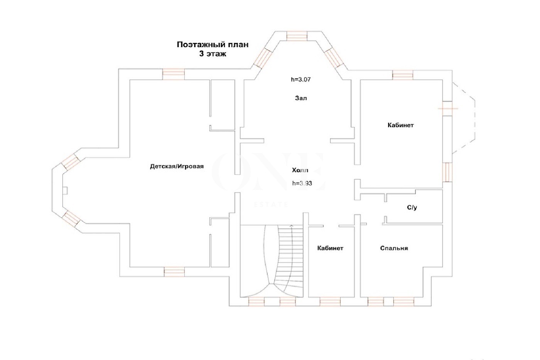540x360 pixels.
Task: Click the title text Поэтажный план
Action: point(213,45)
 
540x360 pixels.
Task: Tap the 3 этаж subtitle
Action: point(213,54)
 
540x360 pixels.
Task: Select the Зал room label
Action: point(301,98)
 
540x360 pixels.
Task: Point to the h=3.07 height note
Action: point(300,79)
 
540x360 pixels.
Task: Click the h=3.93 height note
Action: point(302,183)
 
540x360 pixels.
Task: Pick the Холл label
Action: point(300,170)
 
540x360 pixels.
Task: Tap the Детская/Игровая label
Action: point(177,166)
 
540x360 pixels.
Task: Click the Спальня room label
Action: point(394,248)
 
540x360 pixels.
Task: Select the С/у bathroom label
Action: point(412,207)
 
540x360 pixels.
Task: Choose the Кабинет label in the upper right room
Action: point(401,125)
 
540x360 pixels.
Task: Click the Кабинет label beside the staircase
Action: point(330,248)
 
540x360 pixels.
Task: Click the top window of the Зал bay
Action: point(297,36)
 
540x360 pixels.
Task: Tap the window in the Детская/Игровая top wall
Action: point(174,74)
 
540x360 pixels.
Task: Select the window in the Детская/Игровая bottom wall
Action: point(174,272)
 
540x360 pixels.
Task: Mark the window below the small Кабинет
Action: point(330,302)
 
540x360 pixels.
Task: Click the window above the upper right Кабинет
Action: point(403,75)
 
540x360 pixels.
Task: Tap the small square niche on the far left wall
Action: point(65,191)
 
